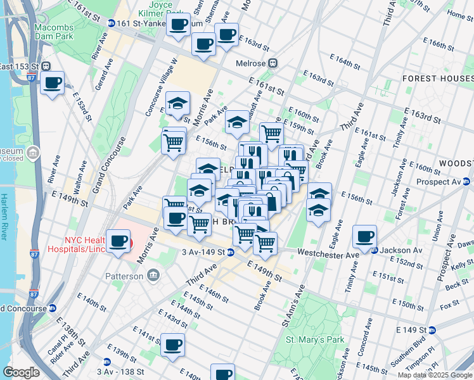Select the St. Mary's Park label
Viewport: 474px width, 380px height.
315,340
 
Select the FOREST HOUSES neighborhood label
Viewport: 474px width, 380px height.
437,79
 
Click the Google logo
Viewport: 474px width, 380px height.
22,372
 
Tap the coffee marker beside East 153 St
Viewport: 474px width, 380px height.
52,82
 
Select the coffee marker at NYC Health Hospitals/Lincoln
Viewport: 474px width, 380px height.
118,241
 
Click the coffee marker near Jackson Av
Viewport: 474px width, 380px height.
364,237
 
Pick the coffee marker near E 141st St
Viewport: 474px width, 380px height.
172,345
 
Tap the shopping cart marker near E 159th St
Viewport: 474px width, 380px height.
271,134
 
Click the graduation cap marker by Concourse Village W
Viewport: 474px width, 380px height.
178,103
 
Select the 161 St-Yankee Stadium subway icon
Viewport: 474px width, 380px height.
112,23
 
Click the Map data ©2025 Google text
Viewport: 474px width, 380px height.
434,375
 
